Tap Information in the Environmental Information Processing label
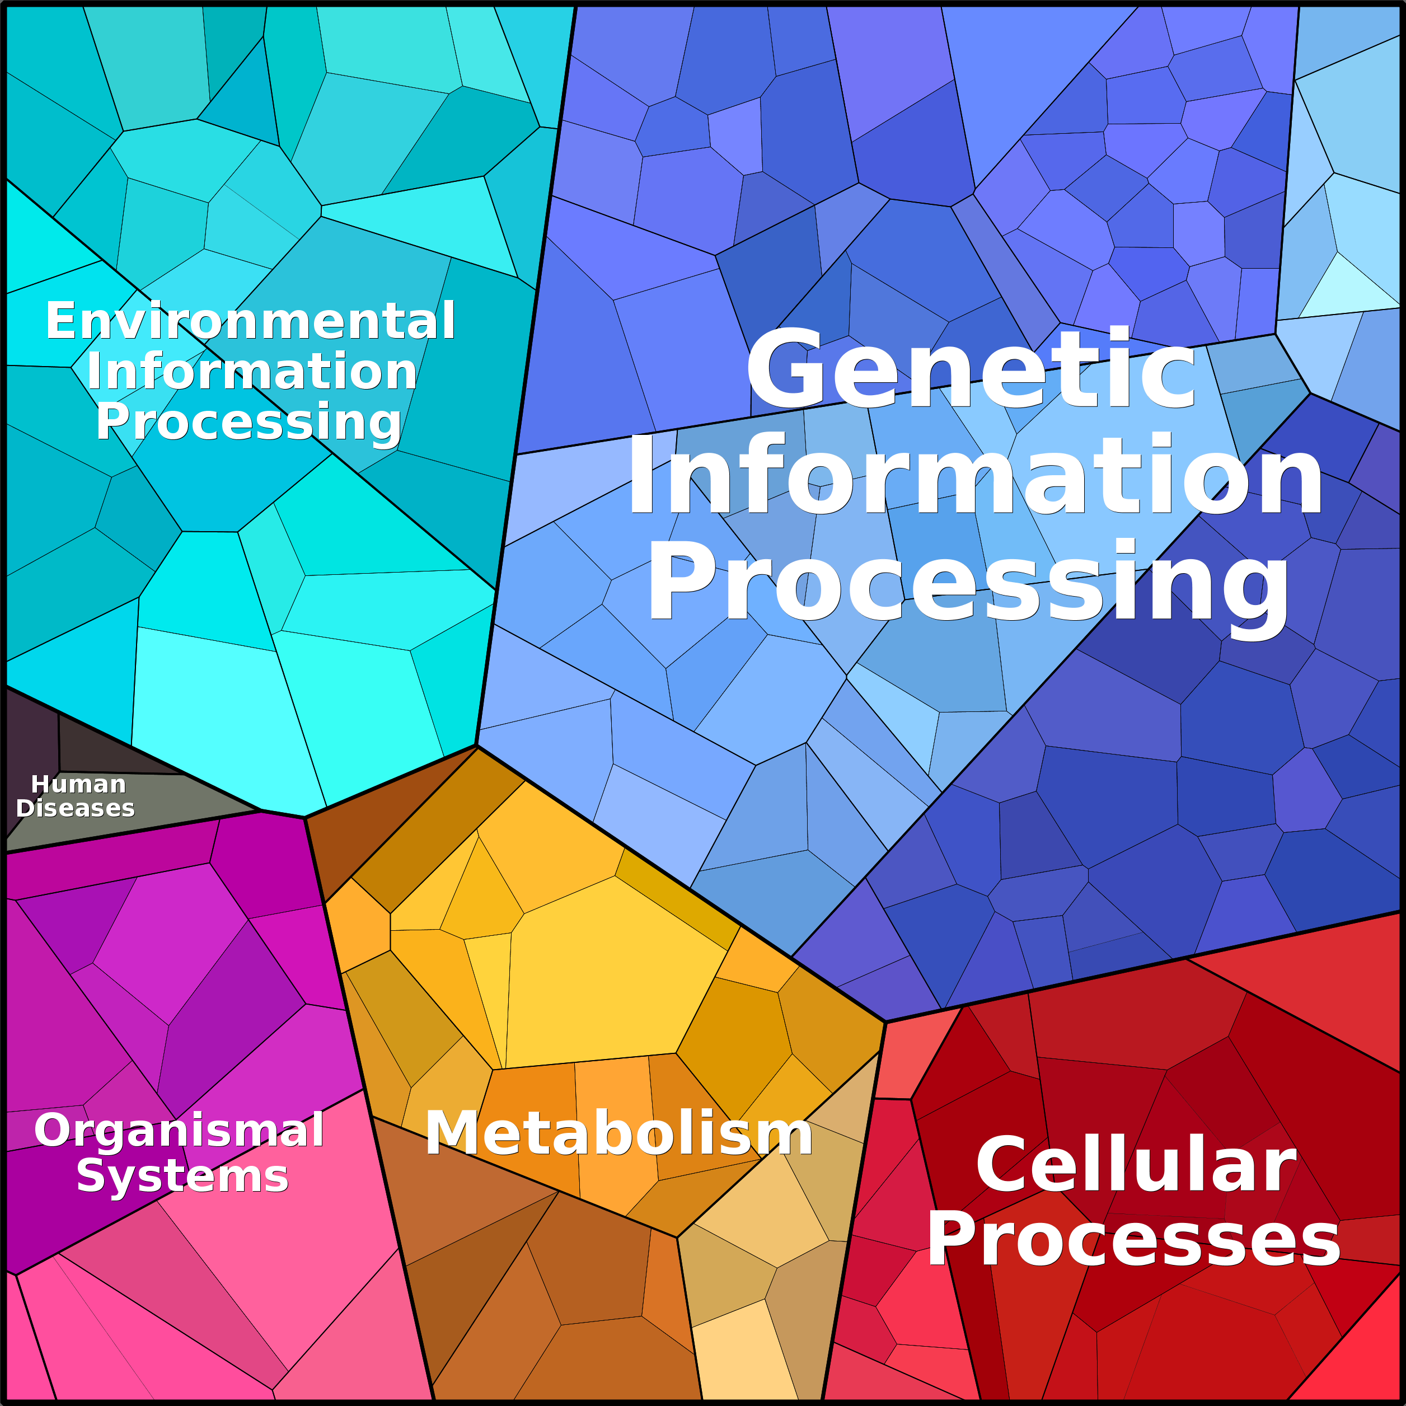tap(251, 372)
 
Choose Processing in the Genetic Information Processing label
tap(968, 582)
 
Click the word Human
tap(78, 785)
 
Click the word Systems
tap(182, 1177)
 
